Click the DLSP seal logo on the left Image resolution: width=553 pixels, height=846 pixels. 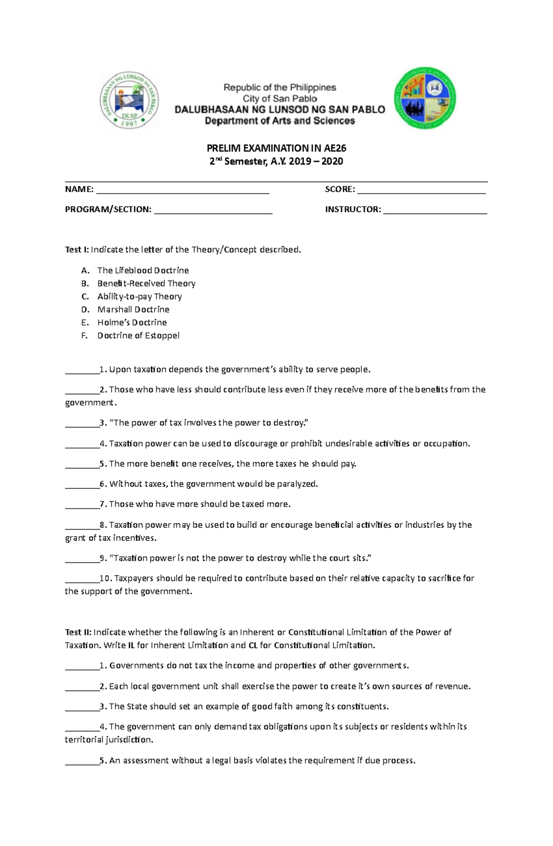129,101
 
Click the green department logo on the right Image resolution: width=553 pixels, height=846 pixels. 425,99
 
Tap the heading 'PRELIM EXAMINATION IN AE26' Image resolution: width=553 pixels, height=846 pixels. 276,148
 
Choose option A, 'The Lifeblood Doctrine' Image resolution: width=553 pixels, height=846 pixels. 143,270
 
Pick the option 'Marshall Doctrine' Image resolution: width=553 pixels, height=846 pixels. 133,309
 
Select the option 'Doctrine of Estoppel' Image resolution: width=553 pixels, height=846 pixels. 138,335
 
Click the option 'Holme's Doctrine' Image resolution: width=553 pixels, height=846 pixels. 132,322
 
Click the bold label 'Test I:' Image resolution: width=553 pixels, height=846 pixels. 77,249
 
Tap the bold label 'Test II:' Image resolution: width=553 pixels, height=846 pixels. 78,632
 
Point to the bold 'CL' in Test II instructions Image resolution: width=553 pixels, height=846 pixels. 253,645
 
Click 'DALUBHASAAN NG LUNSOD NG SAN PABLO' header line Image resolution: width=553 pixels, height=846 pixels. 280,109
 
